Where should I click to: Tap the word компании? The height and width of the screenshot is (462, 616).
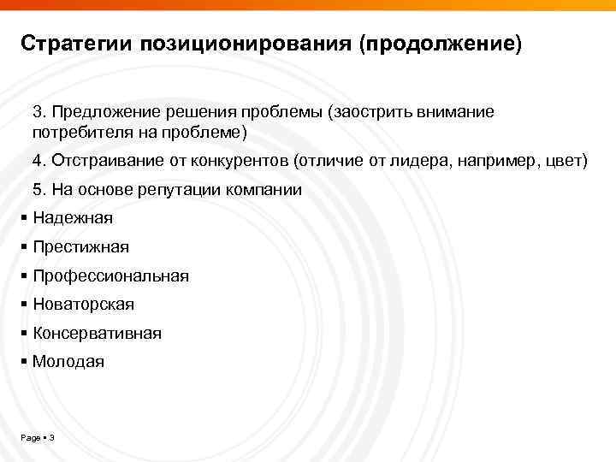[x=264, y=189]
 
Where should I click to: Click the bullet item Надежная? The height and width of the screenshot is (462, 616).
[x=72, y=218]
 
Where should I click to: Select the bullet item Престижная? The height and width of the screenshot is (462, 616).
[x=80, y=247]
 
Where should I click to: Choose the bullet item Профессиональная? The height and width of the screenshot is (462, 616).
[x=110, y=276]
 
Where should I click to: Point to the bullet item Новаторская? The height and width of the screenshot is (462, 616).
[x=83, y=305]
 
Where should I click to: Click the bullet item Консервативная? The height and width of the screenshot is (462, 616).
[x=97, y=334]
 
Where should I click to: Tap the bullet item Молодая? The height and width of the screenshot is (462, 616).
[x=68, y=362]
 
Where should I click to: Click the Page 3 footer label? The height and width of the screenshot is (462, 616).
[x=37, y=438]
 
